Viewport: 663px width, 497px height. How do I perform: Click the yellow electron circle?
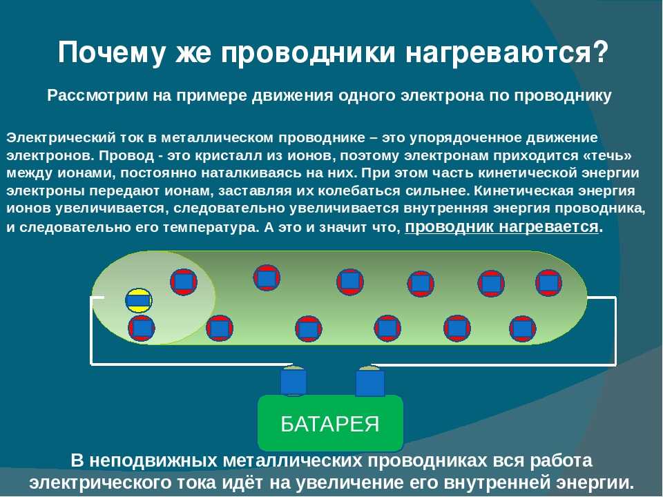[139, 300]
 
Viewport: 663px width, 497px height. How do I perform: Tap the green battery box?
[330, 422]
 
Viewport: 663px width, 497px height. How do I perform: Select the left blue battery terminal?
[293, 381]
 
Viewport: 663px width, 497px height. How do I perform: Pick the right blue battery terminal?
[370, 382]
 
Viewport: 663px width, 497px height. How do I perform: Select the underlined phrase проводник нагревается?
[501, 227]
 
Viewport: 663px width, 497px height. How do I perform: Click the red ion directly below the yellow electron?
[142, 328]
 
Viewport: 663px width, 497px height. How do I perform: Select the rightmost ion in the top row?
[549, 283]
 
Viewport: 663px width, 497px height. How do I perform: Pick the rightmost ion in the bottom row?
[523, 329]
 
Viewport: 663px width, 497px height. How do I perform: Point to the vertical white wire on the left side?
[91, 331]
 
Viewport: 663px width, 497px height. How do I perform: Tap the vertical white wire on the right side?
[615, 331]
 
